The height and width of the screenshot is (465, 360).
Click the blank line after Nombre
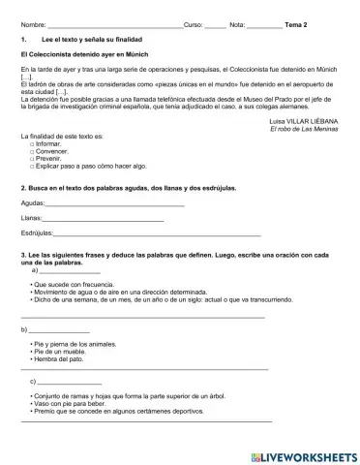115,24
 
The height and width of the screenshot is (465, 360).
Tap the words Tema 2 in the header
297,22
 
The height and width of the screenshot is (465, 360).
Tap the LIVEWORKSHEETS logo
304,454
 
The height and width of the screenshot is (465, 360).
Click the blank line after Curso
215,24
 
